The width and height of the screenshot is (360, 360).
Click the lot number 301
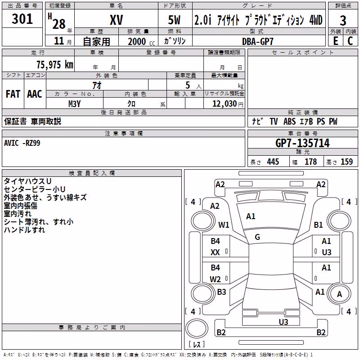click(x=22, y=19)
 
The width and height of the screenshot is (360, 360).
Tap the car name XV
click(x=116, y=20)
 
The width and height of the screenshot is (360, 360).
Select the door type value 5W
click(x=174, y=20)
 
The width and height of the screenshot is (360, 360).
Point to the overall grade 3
click(x=343, y=21)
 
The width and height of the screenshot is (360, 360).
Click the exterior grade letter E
click(x=336, y=41)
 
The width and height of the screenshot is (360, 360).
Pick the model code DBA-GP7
click(x=258, y=41)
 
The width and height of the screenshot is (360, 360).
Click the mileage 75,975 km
click(x=55, y=65)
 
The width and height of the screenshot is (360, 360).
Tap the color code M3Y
click(x=74, y=104)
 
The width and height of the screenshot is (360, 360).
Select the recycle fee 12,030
click(x=224, y=104)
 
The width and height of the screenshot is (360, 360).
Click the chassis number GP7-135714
click(x=302, y=143)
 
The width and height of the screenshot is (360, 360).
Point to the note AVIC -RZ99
click(x=22, y=143)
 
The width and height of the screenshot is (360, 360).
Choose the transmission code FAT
click(x=13, y=94)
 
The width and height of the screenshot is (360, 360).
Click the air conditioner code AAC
click(x=35, y=94)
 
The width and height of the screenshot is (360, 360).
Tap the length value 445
click(x=273, y=162)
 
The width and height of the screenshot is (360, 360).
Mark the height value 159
click(x=346, y=162)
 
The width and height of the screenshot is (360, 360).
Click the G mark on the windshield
click(x=257, y=237)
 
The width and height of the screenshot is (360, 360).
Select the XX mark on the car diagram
click(x=215, y=252)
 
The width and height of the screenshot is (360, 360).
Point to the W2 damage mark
click(x=215, y=279)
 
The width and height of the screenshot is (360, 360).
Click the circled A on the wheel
click(x=339, y=294)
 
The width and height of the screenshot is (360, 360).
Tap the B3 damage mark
click(x=221, y=292)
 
